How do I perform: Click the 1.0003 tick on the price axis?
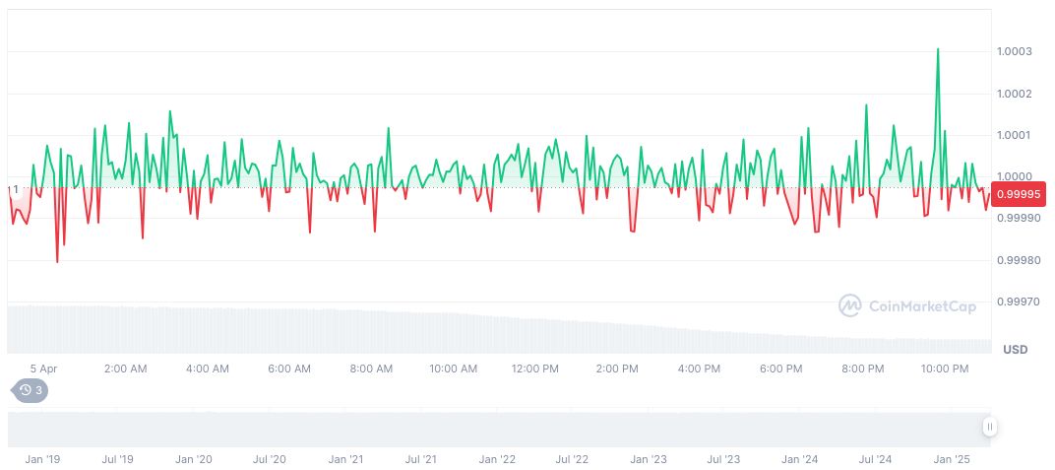(1014, 51)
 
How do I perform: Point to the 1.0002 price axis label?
(1014, 94)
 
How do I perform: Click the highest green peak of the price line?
(938, 49)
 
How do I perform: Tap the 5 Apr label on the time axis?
(43, 369)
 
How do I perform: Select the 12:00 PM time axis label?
(535, 369)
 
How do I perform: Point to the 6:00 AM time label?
(289, 369)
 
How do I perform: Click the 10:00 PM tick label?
(945, 369)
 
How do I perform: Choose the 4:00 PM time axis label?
(699, 369)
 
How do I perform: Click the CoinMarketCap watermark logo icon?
(850, 306)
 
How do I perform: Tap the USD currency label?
(1016, 350)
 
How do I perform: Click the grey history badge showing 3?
(31, 390)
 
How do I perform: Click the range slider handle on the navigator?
(989, 427)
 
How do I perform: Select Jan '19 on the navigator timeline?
(41, 459)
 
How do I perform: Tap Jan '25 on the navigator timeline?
(952, 459)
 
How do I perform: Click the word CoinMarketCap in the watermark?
(922, 306)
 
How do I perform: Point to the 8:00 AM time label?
(371, 369)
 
